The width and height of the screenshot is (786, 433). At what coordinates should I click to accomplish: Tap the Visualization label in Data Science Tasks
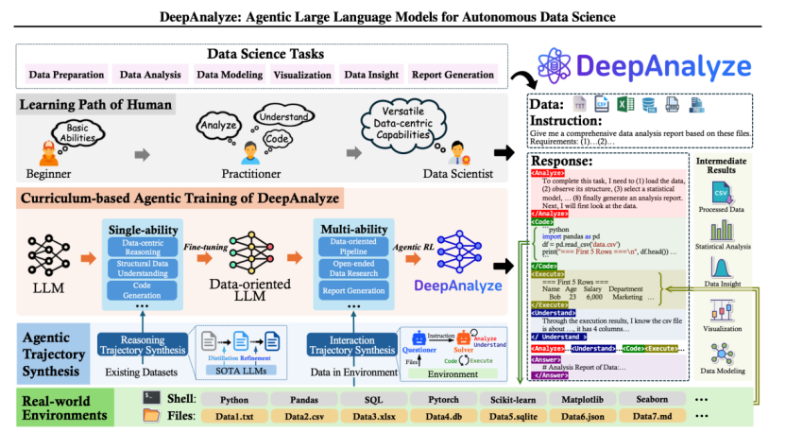click(x=302, y=75)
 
